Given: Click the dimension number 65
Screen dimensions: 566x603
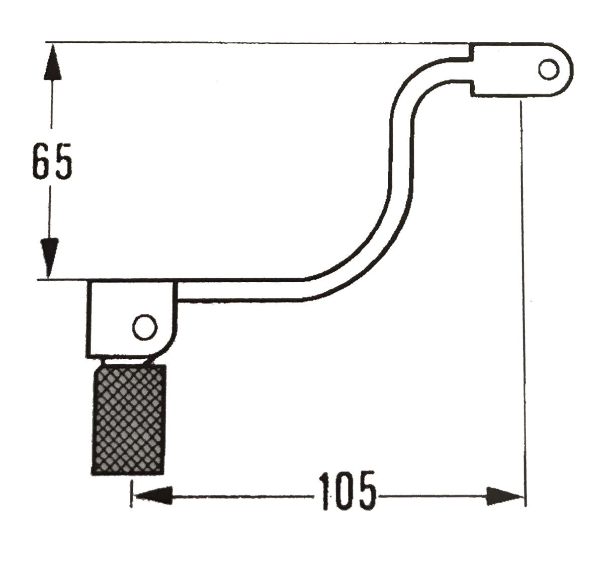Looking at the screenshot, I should pos(52,161).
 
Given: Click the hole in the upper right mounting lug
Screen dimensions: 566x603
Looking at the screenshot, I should pos(548,69).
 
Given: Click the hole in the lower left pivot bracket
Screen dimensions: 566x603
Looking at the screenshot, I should pos(144,328).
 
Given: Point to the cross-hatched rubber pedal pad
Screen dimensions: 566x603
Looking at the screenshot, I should pos(129,420).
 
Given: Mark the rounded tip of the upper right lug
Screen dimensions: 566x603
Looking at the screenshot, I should pos(568,69).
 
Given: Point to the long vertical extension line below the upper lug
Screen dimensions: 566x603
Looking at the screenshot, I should pos(524,302).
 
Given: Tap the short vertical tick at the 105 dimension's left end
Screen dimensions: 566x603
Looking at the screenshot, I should pos(131,494).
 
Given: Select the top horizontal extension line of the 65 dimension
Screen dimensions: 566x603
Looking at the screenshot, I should pos(251,42).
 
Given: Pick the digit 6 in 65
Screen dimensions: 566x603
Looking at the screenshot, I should pos(42,161).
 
